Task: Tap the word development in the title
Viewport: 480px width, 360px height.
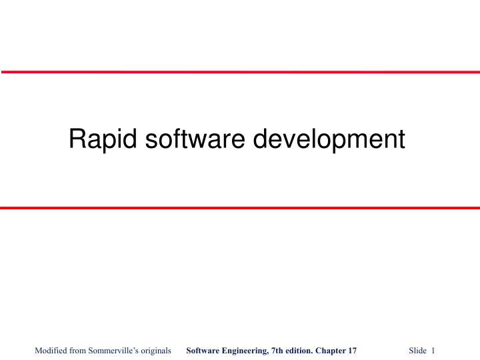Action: coord(329,140)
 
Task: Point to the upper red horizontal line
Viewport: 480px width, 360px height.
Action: coord(240,71)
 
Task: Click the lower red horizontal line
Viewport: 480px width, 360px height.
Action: coord(240,208)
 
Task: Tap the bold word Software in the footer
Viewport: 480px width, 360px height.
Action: coord(203,351)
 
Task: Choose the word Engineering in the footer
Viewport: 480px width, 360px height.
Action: coord(247,351)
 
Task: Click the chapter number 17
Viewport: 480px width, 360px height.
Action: coord(353,351)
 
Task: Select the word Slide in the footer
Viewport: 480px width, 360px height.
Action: coord(417,351)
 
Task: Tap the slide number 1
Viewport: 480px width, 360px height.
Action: coord(433,351)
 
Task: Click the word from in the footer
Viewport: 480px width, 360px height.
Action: coord(79,351)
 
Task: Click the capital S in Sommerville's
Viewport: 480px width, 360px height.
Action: coord(93,351)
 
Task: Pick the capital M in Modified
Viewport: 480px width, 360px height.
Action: coord(38,351)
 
